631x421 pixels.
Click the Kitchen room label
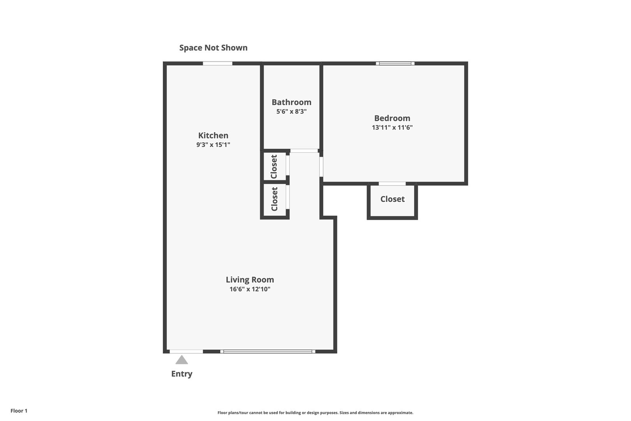coord(213,135)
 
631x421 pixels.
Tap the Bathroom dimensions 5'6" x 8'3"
coord(291,111)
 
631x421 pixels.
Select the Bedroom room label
coord(392,118)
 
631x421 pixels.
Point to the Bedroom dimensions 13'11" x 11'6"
coord(392,127)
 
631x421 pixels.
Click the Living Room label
coord(250,280)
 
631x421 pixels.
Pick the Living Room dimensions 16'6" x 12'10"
coord(250,289)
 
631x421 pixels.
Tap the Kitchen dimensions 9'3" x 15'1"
coord(213,145)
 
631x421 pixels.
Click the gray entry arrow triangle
coord(182,360)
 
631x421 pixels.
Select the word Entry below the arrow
coord(182,374)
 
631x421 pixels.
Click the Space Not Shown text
coord(213,48)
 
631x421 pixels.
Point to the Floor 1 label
coord(19,410)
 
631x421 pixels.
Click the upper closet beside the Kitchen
coord(274,166)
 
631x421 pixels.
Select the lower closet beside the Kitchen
coord(274,199)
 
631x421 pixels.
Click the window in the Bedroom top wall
coord(395,64)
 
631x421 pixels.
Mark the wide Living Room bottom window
coord(268,351)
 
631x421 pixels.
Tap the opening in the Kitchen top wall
coord(217,64)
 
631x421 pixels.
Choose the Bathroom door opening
coord(304,151)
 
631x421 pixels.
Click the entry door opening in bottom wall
coord(186,351)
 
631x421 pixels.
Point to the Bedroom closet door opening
coord(392,184)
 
